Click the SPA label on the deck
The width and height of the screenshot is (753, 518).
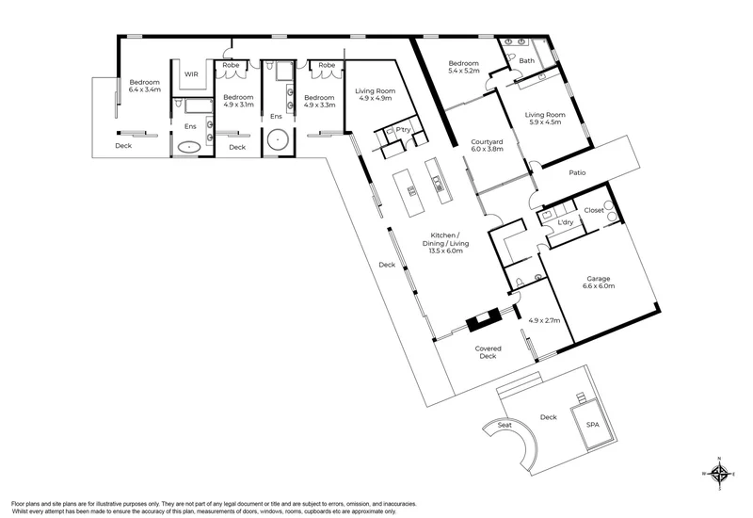click(593, 425)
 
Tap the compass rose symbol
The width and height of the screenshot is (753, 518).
click(719, 474)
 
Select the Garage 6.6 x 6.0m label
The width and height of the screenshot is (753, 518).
click(599, 282)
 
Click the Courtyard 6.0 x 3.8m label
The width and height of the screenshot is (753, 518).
click(487, 145)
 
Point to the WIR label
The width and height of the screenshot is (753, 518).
click(191, 74)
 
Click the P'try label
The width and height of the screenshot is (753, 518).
click(403, 130)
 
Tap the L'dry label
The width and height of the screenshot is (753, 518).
click(566, 222)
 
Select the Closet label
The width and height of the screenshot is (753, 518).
click(594, 210)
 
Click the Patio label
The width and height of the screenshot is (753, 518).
click(577, 172)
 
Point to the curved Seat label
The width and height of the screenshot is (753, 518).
click(505, 425)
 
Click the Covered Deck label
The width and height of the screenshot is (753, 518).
click(488, 352)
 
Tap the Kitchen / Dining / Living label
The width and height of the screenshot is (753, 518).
click(445, 243)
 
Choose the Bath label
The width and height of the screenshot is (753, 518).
click(527, 60)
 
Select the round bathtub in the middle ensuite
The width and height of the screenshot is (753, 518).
click(277, 139)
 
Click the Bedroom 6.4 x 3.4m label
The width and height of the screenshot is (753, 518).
click(145, 86)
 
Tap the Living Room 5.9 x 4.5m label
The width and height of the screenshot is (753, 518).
click(545, 119)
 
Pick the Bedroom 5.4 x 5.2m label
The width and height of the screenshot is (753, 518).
click(463, 67)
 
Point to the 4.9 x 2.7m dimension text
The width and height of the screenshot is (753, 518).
click(544, 320)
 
